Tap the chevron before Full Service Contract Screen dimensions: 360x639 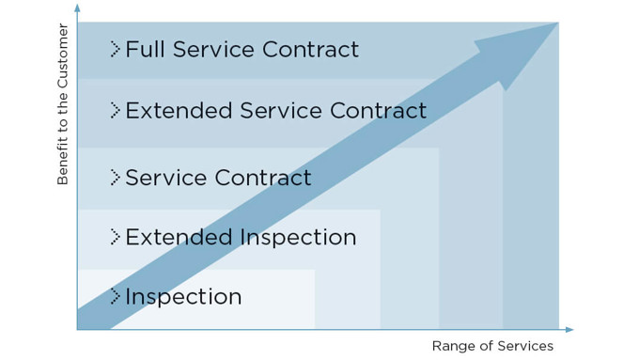point(115,49)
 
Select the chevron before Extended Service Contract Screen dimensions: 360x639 point(115,110)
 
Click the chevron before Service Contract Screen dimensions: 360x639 point(115,177)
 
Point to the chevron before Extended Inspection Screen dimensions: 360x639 point(115,237)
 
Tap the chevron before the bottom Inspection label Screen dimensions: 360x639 point(115,297)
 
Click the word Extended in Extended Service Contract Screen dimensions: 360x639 point(179,110)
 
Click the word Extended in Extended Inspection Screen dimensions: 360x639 point(179,237)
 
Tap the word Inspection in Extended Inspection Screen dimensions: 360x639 point(299,237)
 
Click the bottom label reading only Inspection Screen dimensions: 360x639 point(183,297)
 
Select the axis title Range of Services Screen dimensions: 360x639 point(492,346)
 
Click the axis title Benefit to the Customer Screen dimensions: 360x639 point(63,103)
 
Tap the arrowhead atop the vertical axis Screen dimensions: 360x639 point(77,7)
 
